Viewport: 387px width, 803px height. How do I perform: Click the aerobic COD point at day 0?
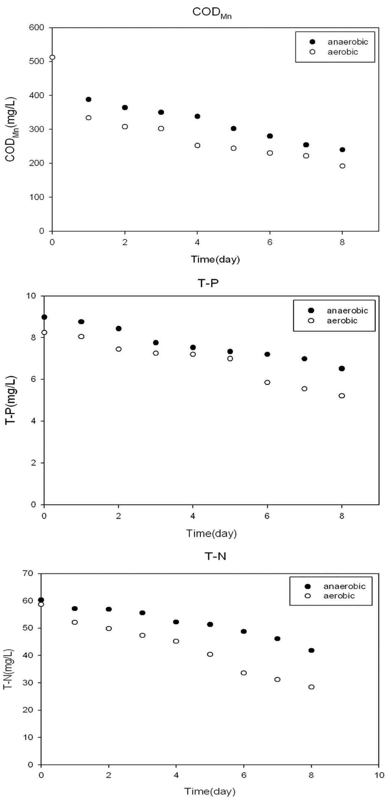click(x=52, y=57)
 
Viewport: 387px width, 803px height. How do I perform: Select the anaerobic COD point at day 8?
click(x=342, y=150)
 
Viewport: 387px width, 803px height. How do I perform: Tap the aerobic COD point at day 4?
click(x=197, y=145)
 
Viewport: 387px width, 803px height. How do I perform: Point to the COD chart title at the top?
click(x=212, y=12)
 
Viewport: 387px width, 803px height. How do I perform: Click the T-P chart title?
click(x=208, y=283)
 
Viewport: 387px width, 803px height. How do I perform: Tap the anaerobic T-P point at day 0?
click(x=44, y=317)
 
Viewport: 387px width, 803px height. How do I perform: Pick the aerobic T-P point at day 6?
click(x=267, y=382)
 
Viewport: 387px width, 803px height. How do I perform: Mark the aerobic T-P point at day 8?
click(x=342, y=396)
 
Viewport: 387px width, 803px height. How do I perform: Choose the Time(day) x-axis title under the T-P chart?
click(x=211, y=533)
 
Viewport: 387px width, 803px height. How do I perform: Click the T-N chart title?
click(x=215, y=556)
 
